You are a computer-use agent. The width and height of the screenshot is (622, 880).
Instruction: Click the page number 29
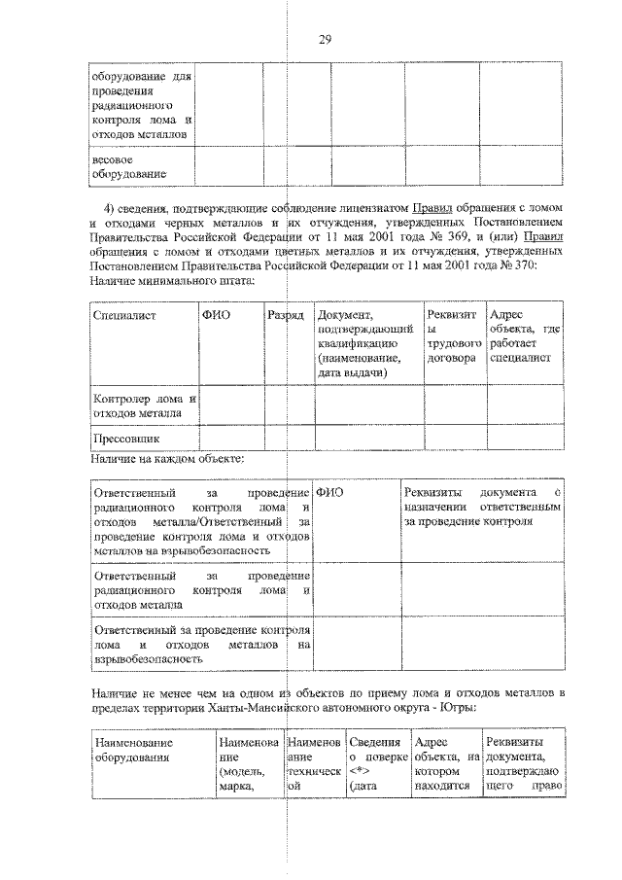click(326, 39)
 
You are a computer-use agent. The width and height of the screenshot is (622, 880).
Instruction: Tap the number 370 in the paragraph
click(524, 265)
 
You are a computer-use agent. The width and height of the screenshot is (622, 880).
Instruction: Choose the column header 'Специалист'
click(125, 316)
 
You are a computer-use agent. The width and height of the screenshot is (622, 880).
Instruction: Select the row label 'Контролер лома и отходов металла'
click(144, 405)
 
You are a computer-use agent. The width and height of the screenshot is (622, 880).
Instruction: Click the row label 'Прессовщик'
click(125, 439)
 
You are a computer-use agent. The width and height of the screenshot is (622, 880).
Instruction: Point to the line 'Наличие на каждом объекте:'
click(168, 458)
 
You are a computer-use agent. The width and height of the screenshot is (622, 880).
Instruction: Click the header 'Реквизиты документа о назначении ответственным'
click(482, 508)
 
